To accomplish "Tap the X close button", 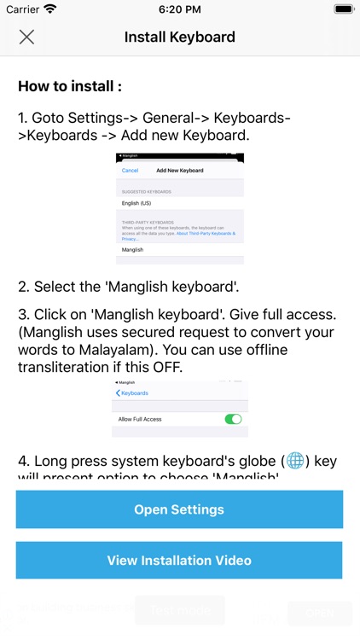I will point(26,37).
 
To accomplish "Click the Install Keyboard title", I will point(180,37).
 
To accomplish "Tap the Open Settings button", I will point(179,509).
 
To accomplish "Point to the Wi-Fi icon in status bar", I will point(50,9).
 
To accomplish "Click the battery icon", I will point(343,9).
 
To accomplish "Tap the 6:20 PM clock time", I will point(179,9).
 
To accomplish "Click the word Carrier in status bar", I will point(21,9).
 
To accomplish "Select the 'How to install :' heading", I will point(70,86).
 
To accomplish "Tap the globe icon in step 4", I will point(295,461).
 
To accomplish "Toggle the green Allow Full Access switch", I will point(232,419).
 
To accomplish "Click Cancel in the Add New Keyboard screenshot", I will point(130,171).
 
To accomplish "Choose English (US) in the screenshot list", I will point(136,203).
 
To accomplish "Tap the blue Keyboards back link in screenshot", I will point(133,393).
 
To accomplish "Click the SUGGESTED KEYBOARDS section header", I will point(146,192).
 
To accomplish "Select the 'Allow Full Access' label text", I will point(141,420).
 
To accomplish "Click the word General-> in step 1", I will point(176,117).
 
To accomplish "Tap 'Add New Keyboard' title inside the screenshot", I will point(180,171).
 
